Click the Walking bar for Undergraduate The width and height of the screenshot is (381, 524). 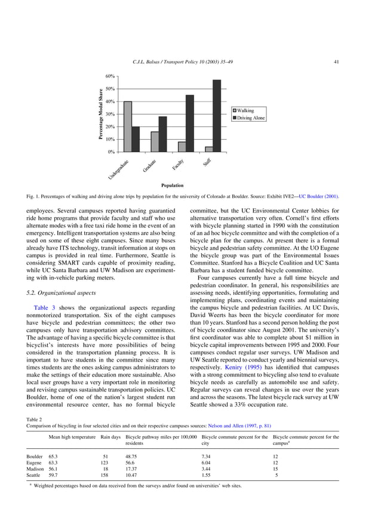[x=128, y=127]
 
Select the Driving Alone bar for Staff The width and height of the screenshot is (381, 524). [x=217, y=116]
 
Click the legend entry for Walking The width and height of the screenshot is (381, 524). [x=245, y=111]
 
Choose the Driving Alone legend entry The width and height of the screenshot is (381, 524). [x=250, y=118]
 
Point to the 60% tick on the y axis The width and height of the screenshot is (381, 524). [x=110, y=76]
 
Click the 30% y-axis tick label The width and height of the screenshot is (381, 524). [x=110, y=114]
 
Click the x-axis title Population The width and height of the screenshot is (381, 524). [x=172, y=186]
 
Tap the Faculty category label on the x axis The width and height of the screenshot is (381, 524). [x=178, y=165]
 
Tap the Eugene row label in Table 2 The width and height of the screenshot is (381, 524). [x=35, y=462]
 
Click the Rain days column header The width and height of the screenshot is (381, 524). [x=110, y=437]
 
